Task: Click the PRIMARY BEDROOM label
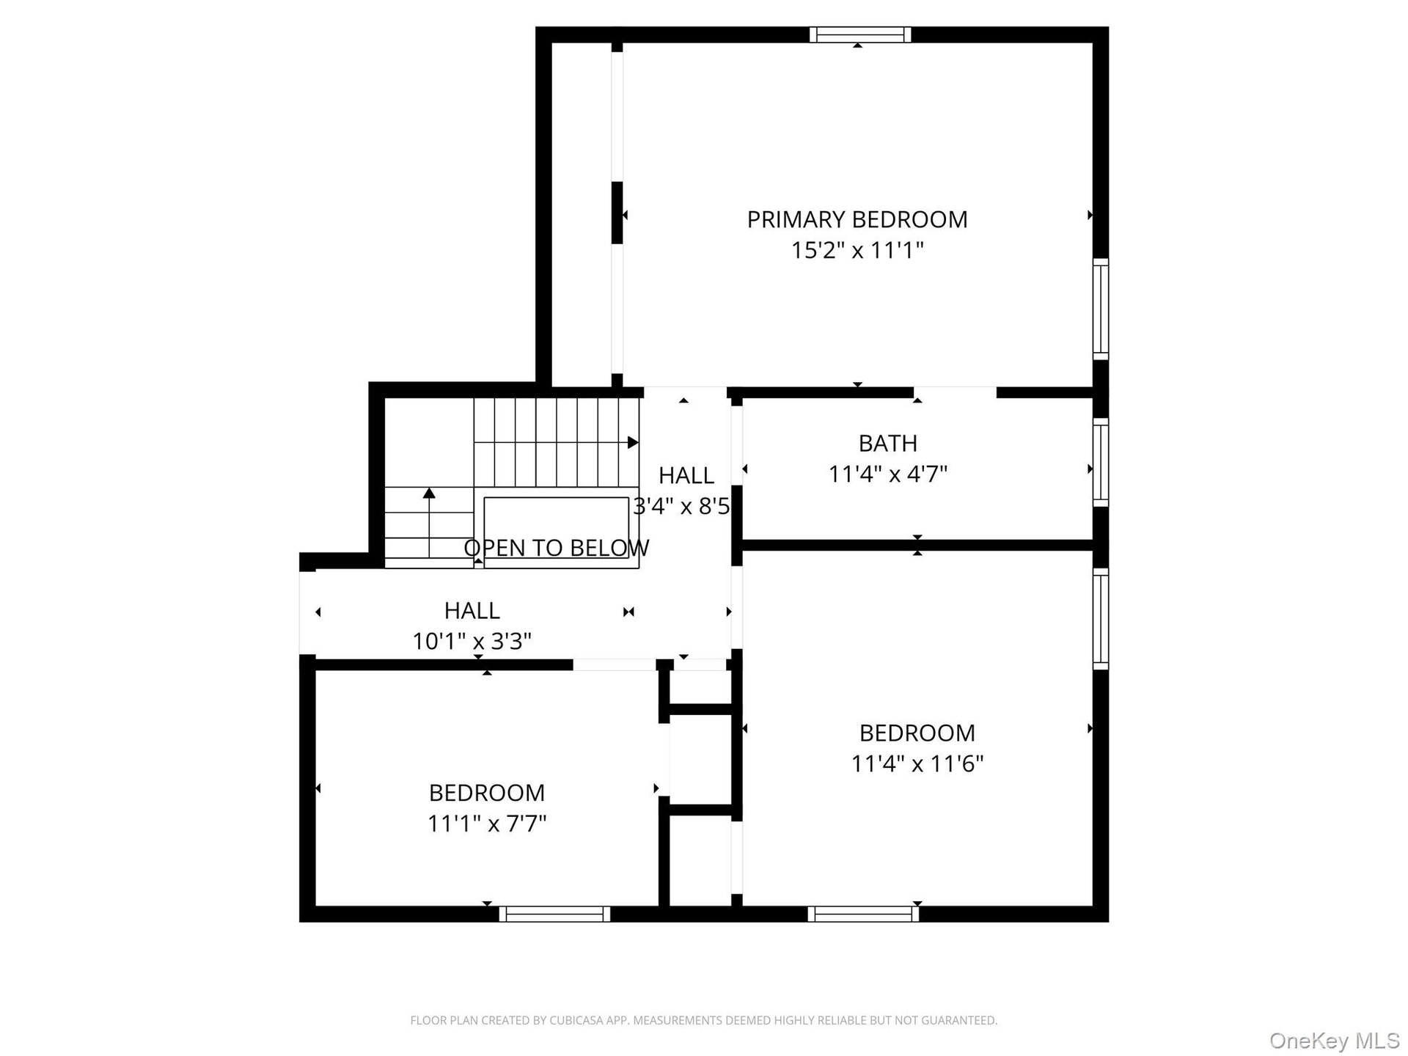click(857, 219)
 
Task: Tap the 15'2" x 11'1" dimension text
click(857, 250)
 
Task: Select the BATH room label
click(888, 443)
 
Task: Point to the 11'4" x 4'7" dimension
click(888, 474)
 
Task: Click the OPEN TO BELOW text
click(557, 548)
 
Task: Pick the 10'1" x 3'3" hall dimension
click(472, 641)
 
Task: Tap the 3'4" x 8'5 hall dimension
click(682, 506)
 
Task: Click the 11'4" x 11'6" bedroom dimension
click(917, 763)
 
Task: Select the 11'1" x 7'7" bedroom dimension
click(487, 824)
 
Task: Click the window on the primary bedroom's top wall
click(861, 34)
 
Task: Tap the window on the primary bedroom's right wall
click(1101, 309)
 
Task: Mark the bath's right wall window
click(1101, 462)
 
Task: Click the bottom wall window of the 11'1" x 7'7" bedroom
click(555, 914)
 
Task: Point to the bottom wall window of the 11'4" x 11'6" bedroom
click(863, 914)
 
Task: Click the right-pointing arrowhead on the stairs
click(634, 442)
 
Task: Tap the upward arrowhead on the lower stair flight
click(429, 493)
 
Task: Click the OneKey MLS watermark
click(1335, 1041)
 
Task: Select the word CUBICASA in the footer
click(576, 1020)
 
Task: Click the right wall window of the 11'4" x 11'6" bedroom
click(1101, 619)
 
